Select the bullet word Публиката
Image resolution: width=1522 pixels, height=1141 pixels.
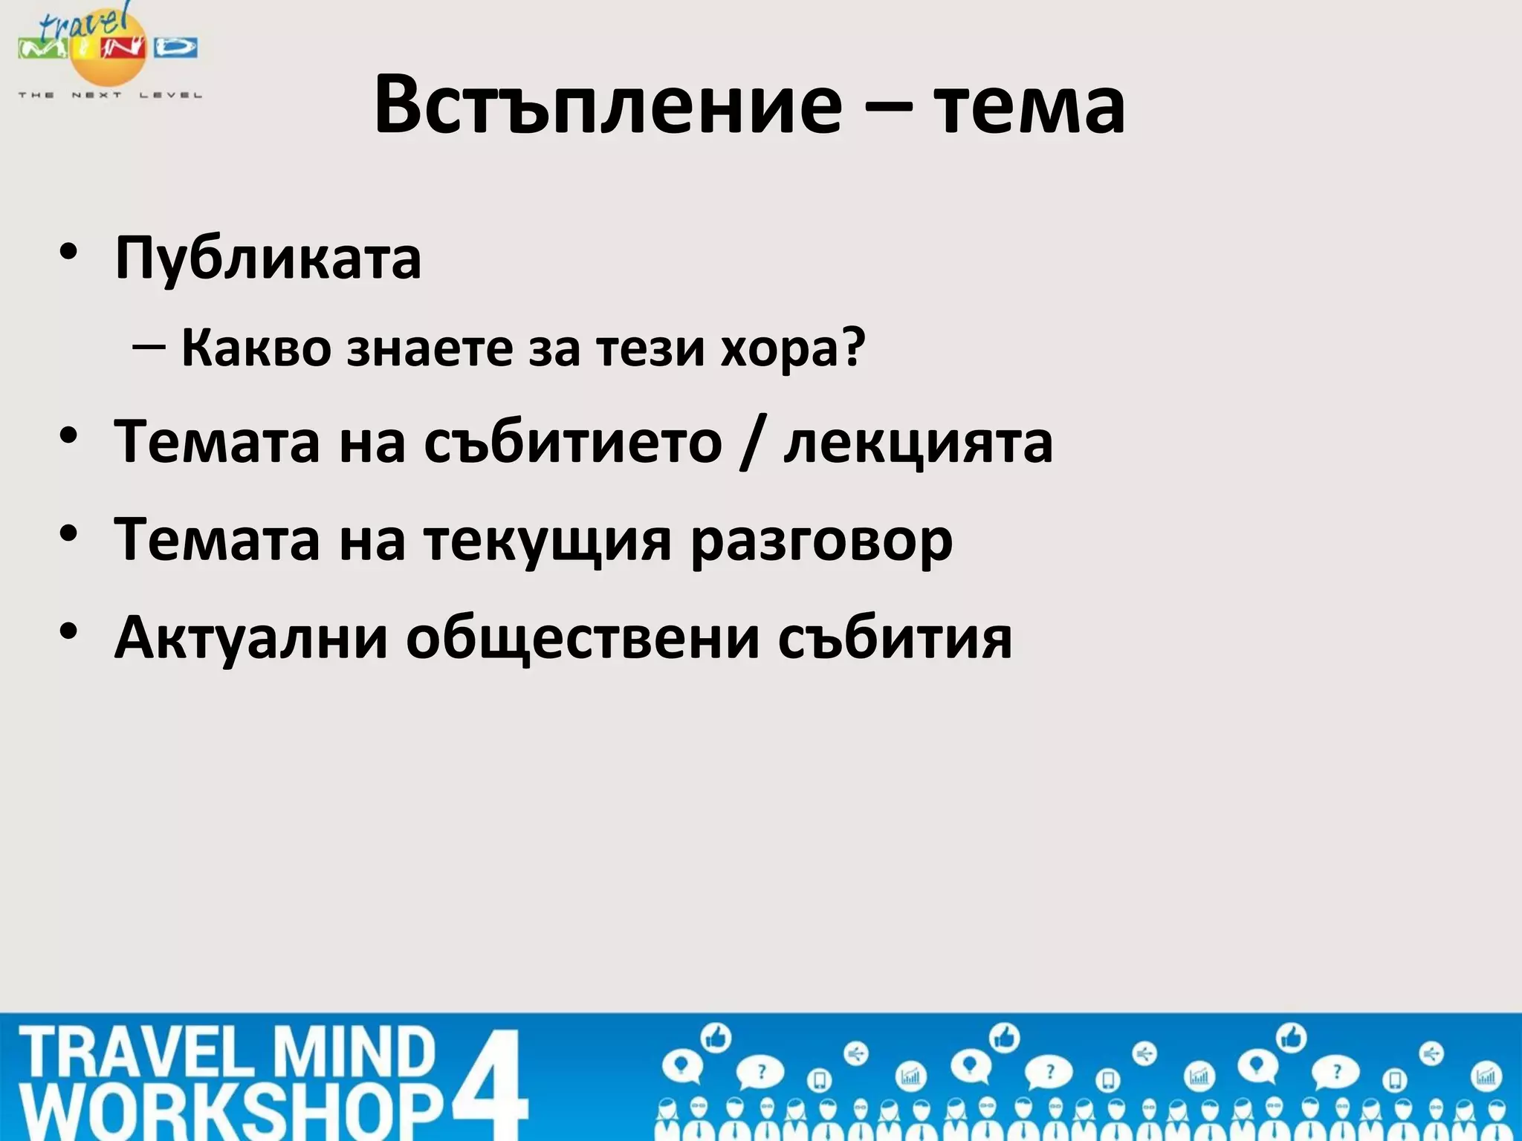click(x=268, y=259)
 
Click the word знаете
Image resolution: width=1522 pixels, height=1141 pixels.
click(x=430, y=348)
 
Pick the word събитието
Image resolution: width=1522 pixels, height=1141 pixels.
click(x=573, y=442)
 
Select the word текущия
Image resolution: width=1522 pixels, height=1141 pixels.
click(x=548, y=541)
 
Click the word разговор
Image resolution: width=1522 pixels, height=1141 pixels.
click(x=821, y=541)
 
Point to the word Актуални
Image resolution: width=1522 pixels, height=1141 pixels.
click(x=251, y=637)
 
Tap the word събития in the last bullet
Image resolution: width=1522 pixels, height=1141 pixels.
click(x=895, y=637)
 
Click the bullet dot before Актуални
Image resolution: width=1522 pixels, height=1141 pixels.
click(x=69, y=632)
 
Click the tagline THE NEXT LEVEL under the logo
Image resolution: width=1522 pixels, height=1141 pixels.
click(x=110, y=95)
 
